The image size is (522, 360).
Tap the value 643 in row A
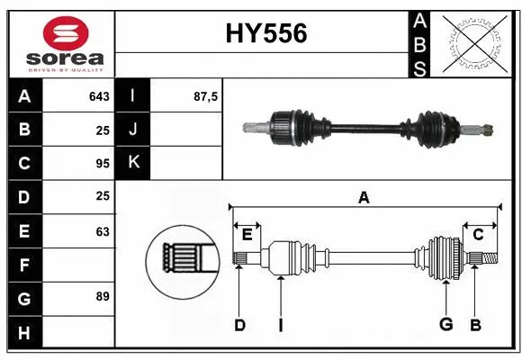pos(99,96)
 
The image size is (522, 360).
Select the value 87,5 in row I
pos(206,96)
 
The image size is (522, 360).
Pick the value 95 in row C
pos(103,164)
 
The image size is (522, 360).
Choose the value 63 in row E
pos(103,231)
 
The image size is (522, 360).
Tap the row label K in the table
pos(134,164)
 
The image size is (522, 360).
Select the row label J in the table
pos(134,130)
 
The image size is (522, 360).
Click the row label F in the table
pos(24,265)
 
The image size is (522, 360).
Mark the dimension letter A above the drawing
pos(364,197)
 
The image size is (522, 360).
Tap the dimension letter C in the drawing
pos(478,235)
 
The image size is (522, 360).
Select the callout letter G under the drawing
pos(445,325)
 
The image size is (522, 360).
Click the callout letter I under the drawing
pos(281,325)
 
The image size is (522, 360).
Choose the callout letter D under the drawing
pos(239,325)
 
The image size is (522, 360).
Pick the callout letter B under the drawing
pos(476,325)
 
